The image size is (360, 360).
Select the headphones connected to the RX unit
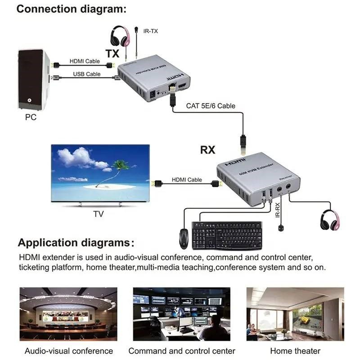click(329, 220)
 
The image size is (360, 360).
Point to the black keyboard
click(227, 235)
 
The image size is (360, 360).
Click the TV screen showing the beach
click(100, 174)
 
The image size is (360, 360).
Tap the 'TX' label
click(112, 54)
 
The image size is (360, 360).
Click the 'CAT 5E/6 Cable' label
click(211, 106)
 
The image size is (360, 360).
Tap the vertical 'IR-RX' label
click(278, 210)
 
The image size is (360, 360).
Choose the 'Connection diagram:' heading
click(71, 9)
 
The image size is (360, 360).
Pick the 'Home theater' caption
click(295, 351)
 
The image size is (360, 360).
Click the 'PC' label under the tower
click(31, 118)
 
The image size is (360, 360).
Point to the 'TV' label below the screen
click(98, 214)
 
